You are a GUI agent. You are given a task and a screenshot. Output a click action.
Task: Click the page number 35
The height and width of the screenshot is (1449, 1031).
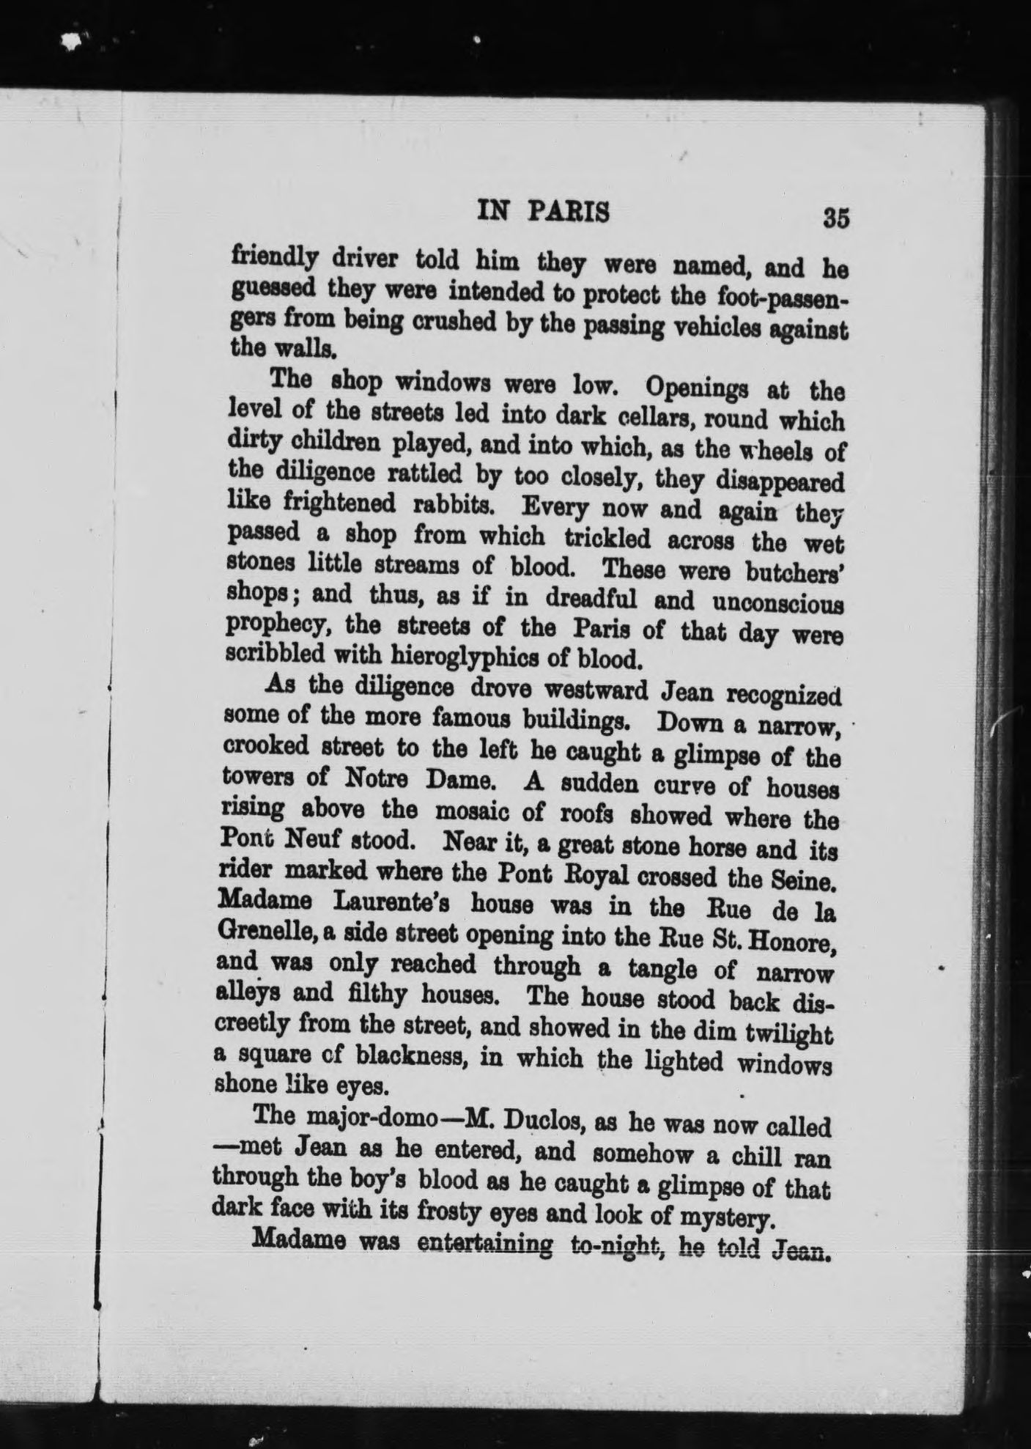click(835, 218)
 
